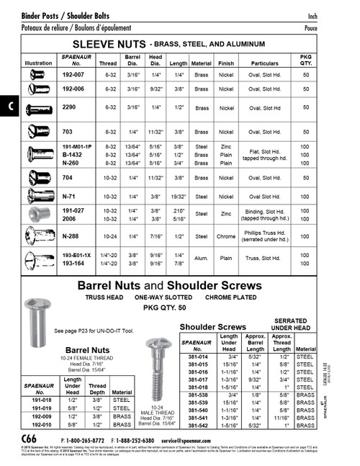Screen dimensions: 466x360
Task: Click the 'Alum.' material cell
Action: (x=202, y=259)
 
